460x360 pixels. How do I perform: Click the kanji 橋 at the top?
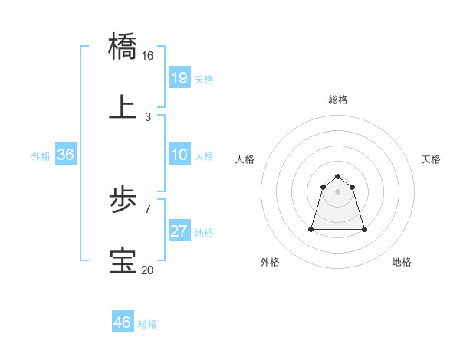[123, 46]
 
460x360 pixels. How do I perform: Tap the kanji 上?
[123, 107]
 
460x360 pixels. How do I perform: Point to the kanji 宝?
[123, 261]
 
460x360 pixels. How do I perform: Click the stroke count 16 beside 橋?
[148, 56]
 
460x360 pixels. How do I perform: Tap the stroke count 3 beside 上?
[148, 117]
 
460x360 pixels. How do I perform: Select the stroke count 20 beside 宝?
[148, 270]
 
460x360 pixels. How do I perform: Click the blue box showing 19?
[179, 77]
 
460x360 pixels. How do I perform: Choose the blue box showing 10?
[179, 155]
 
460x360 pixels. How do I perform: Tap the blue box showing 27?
[179, 231]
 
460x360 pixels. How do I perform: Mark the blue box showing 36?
[66, 155]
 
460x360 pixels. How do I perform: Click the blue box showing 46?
[123, 322]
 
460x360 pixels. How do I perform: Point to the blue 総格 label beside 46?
[147, 324]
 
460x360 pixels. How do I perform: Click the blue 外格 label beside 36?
[41, 155]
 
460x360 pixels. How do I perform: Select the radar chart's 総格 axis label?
[338, 100]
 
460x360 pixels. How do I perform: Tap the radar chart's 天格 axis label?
[432, 159]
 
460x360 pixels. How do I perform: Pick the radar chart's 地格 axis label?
[402, 262]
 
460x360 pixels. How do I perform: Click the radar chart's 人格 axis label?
[245, 159]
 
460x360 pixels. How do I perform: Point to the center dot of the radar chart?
[338, 191]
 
